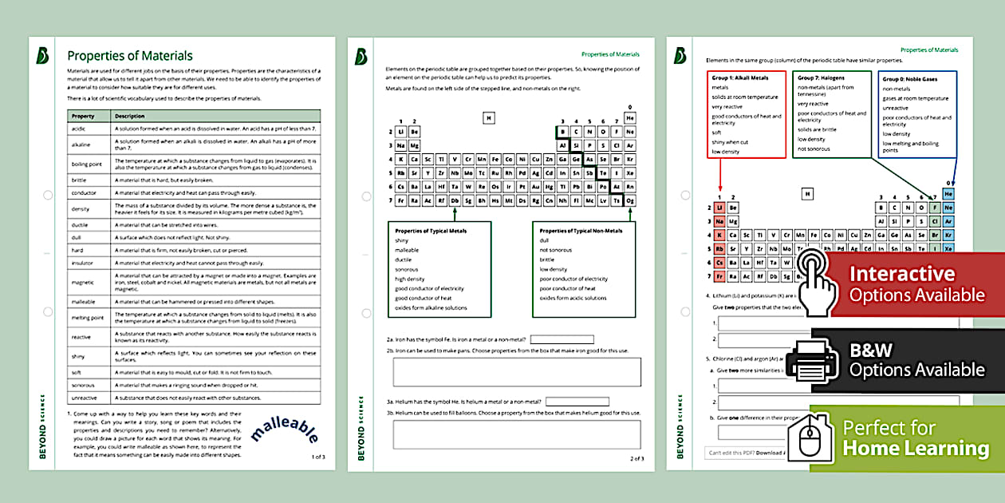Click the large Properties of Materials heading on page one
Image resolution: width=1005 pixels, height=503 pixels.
(x=130, y=56)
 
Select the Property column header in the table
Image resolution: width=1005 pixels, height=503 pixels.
(x=83, y=116)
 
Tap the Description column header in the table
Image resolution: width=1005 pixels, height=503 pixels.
(x=129, y=116)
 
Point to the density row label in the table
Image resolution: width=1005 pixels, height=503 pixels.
(x=81, y=208)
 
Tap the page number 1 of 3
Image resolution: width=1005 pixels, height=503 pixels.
(x=318, y=457)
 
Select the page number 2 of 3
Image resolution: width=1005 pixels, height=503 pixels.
(x=636, y=458)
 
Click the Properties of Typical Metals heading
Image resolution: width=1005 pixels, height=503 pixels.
(x=431, y=231)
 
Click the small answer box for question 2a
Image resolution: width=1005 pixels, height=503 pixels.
(x=562, y=339)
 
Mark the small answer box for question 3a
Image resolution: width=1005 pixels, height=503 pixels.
(x=577, y=401)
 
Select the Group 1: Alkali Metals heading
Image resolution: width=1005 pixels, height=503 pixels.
(x=740, y=78)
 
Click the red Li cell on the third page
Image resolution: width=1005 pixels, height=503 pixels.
(x=719, y=208)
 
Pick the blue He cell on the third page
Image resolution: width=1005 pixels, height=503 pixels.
(x=948, y=194)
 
